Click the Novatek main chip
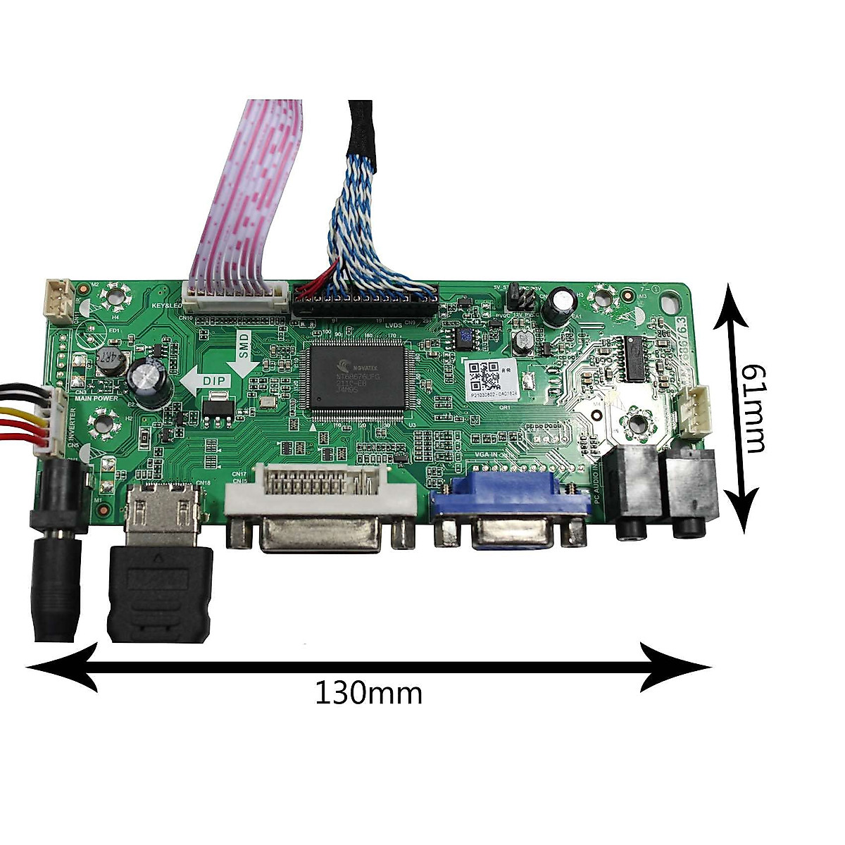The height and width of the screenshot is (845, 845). (357, 376)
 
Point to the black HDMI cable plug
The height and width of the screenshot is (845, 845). (160, 591)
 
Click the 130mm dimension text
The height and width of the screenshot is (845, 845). (368, 694)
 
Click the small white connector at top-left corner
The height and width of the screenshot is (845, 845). (61, 296)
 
